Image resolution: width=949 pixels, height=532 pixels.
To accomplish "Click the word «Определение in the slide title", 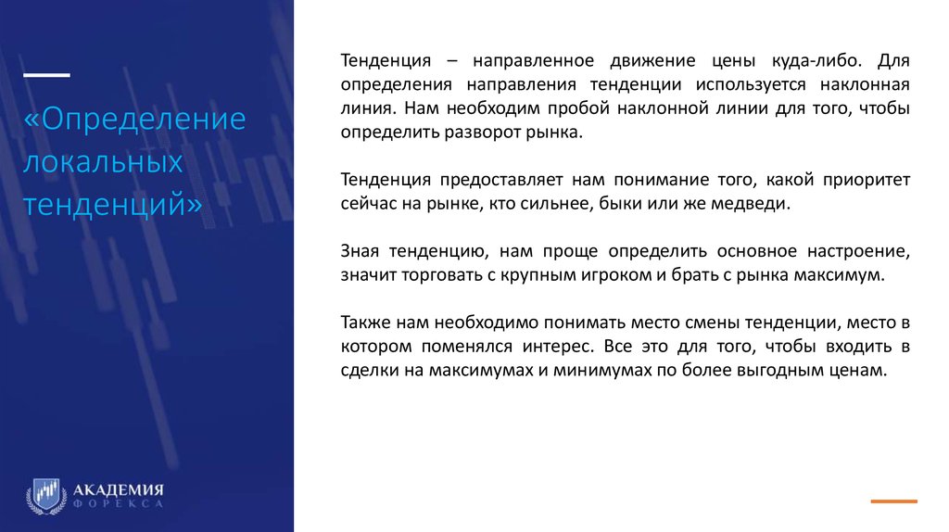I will (x=135, y=120).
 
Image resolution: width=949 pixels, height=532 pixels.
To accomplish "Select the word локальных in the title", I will (x=102, y=162).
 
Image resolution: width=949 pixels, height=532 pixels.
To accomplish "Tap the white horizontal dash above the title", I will (x=45, y=75).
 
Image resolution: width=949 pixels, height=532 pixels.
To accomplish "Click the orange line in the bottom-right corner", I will (x=893, y=500).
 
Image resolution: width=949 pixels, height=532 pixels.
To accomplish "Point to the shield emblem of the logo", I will (x=44, y=495).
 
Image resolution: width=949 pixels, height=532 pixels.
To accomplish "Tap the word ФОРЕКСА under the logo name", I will (x=118, y=504).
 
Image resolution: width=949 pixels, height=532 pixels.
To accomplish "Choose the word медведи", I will (x=754, y=204).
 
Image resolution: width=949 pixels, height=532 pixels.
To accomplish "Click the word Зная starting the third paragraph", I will (x=361, y=251).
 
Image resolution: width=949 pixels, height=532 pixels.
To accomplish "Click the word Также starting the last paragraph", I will (x=363, y=323).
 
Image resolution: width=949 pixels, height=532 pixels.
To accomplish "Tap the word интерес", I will (x=551, y=347).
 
